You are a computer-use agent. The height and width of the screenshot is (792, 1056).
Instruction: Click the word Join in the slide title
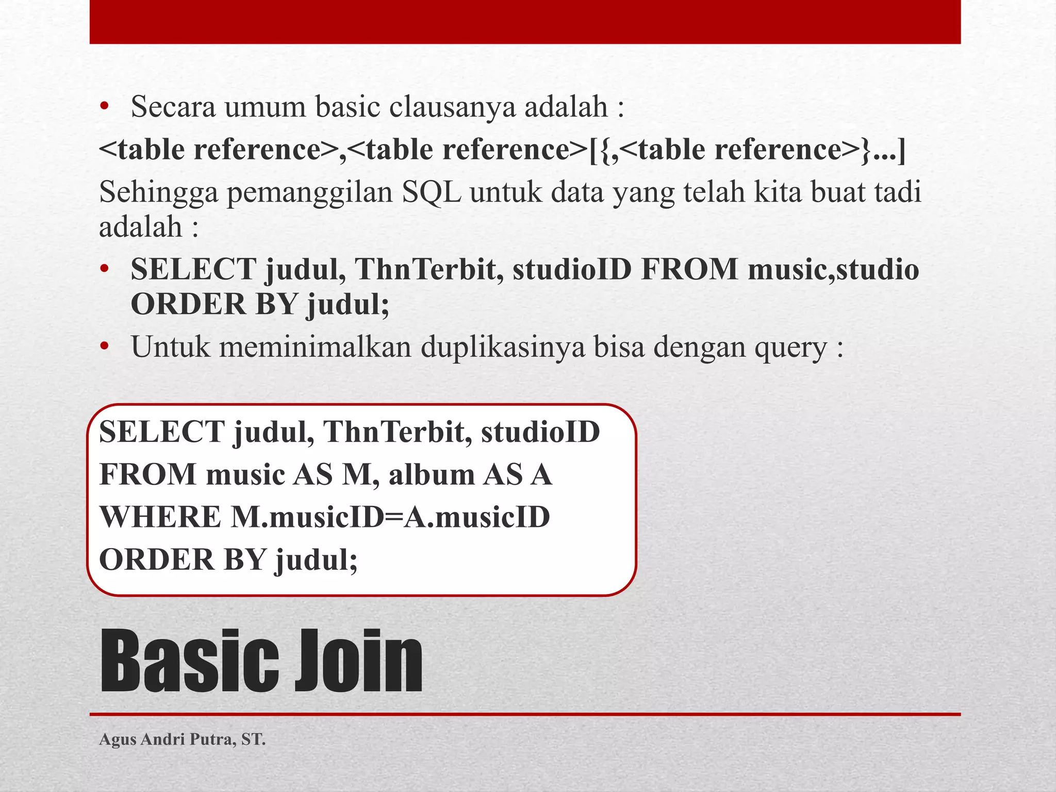pos(358,661)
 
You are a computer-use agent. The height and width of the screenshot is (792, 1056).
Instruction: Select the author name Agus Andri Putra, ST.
pos(182,739)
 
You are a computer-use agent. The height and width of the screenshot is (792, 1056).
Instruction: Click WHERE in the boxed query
pos(159,517)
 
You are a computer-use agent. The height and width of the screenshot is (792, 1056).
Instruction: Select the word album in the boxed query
pos(431,474)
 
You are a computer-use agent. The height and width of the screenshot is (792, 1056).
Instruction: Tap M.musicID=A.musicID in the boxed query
pos(390,517)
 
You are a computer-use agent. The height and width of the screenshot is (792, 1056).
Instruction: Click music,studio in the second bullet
pos(833,270)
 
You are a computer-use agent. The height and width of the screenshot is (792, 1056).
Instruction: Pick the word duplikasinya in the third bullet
pos(503,347)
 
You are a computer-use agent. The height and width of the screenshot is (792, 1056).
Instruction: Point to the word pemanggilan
pos(309,193)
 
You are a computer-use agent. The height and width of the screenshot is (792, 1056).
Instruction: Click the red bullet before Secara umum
pos(105,107)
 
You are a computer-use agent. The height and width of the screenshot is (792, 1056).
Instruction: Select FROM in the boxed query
pos(147,474)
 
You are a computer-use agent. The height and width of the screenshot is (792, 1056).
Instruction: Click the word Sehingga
pos(158,193)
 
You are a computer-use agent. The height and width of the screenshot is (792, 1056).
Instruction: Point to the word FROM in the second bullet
pos(689,270)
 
